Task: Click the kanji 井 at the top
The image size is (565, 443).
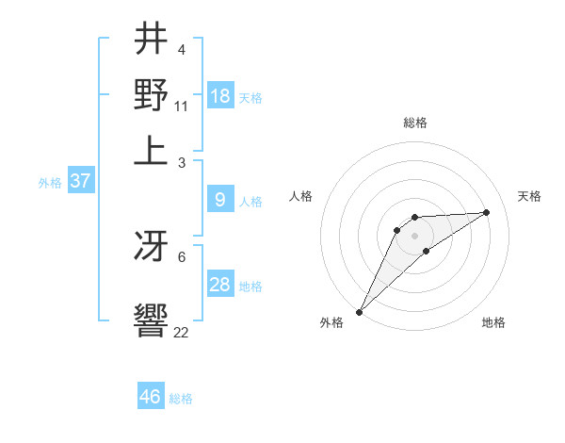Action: pyautogui.click(x=151, y=40)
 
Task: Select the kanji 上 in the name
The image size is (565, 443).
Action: pyautogui.click(x=151, y=148)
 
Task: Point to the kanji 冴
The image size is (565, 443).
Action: pyautogui.click(x=151, y=247)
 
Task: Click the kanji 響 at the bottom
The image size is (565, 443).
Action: pyautogui.click(x=151, y=319)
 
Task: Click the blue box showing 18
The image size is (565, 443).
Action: pyautogui.click(x=220, y=95)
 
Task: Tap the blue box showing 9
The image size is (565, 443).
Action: pyautogui.click(x=220, y=200)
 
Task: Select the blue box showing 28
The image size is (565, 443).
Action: pyautogui.click(x=220, y=285)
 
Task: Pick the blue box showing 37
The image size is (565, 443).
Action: pyautogui.click(x=81, y=181)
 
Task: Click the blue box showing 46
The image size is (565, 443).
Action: pyautogui.click(x=151, y=397)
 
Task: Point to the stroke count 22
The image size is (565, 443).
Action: pyautogui.click(x=181, y=332)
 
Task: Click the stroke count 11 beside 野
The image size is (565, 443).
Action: pyautogui.click(x=181, y=106)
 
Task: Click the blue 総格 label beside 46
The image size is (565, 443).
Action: pyautogui.click(x=181, y=399)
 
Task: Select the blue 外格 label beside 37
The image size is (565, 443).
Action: pyautogui.click(x=50, y=183)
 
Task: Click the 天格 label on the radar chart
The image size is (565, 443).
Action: pyautogui.click(x=529, y=196)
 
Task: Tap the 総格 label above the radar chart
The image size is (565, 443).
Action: pyautogui.click(x=414, y=123)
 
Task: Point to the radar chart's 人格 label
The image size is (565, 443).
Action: pyautogui.click(x=300, y=196)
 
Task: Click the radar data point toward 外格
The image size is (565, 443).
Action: pyautogui.click(x=359, y=311)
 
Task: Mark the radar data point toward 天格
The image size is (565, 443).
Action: pyautogui.click(x=487, y=212)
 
